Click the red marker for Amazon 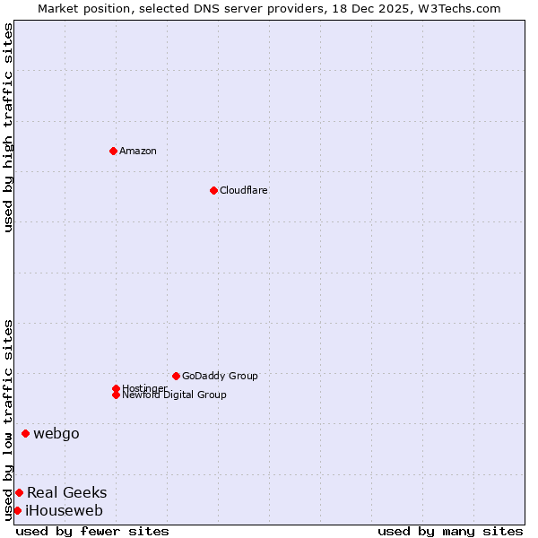pos(113,151)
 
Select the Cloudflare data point pos(213,190)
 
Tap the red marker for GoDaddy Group pos(176,376)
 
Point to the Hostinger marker pos(116,388)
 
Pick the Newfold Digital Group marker pos(116,395)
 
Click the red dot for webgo pos(25,434)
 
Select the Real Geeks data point pos(19,492)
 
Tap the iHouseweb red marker pos(17,511)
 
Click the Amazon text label pos(138,151)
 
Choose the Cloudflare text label pos(244,190)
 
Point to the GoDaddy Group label pos(220,376)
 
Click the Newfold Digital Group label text pos(175,395)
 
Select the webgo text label pos(56,434)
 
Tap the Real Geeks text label pos(66,492)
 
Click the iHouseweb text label pos(64,511)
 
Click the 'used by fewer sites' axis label pos(92,531)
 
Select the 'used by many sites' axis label pos(450,531)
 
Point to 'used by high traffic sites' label pos(8,128)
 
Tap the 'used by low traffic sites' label pos(8,420)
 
